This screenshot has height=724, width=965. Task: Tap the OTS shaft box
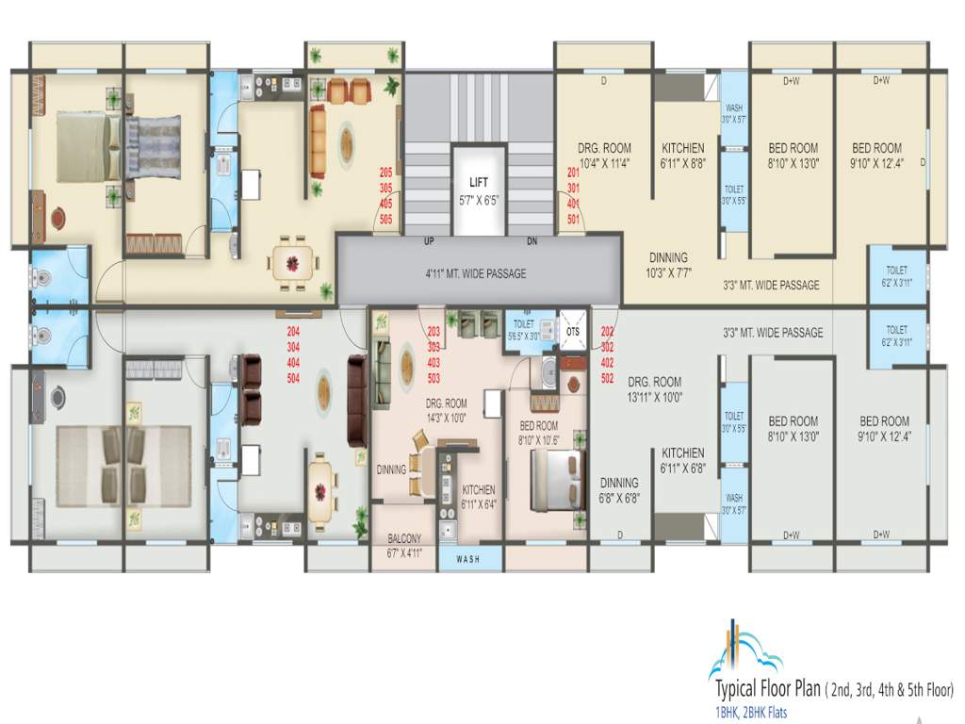tap(573, 331)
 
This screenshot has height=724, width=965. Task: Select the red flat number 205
tap(386, 173)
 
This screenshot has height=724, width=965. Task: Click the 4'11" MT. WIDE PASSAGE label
tap(476, 273)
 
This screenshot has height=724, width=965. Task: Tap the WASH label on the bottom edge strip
tap(467, 559)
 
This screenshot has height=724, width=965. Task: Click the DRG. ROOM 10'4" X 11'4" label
tap(604, 155)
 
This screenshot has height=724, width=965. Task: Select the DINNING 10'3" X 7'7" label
tap(667, 264)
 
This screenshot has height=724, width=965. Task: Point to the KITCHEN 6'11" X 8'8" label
tap(683, 155)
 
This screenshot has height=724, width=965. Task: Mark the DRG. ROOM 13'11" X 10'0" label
tap(654, 389)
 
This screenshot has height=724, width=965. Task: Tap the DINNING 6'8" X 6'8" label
tap(619, 490)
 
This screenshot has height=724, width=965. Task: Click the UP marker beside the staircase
tap(429, 242)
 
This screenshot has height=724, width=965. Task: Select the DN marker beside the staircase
tap(532, 242)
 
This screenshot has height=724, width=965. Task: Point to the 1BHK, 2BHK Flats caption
tap(750, 712)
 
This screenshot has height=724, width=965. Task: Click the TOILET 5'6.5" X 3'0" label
tap(523, 328)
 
